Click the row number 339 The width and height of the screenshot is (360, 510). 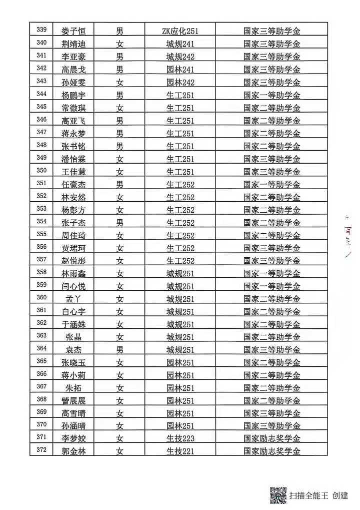coord(41,30)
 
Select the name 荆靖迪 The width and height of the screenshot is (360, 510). coord(73,44)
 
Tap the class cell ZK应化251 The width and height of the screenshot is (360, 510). coord(180,31)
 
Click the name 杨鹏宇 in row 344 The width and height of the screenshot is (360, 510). coord(73,95)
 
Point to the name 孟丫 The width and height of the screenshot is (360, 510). coord(73,299)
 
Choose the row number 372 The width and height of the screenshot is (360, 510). coord(41,450)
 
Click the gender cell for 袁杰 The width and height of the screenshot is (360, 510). coord(119,350)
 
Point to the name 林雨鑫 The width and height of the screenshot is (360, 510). coord(73,273)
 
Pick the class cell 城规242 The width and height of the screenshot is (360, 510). coord(180,57)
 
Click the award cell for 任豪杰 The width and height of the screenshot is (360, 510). coord(272,184)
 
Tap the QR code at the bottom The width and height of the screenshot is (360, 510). coord(278,495)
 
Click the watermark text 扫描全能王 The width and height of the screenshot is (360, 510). coord(308,495)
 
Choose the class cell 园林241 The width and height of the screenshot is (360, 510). coord(180,69)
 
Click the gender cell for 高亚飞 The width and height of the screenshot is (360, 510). coord(119,120)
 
